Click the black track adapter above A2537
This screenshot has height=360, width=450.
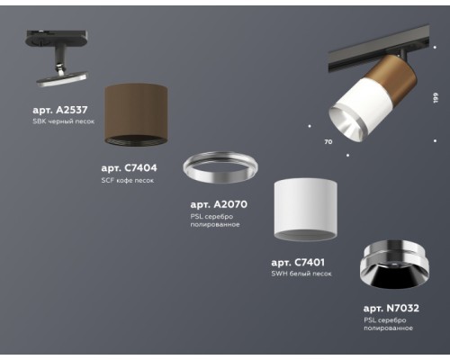click(58, 51)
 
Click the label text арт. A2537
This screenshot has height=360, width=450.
click(59, 109)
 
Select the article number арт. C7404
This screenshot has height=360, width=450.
click(130, 167)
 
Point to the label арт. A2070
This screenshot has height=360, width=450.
click(219, 204)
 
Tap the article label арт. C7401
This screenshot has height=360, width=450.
click(298, 262)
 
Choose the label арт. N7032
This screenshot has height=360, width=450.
click(391, 309)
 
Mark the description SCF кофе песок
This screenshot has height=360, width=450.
click(128, 180)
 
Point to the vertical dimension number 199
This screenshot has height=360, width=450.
click(434, 96)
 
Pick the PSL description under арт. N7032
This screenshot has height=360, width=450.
click(386, 325)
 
